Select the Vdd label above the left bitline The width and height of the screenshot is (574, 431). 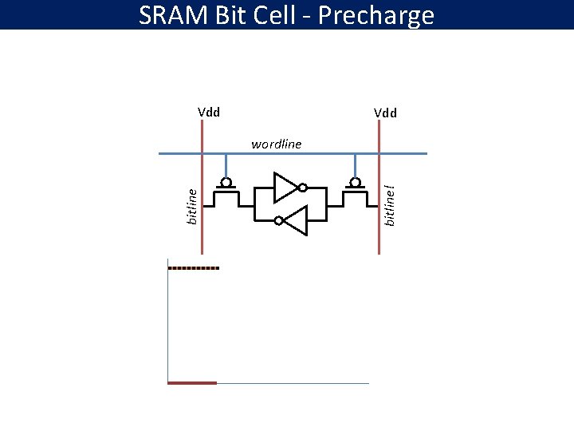209,113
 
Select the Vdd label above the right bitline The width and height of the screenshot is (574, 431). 385,113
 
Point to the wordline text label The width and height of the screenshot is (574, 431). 276,144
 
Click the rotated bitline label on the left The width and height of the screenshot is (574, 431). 191,206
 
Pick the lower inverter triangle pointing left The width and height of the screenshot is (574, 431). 295,220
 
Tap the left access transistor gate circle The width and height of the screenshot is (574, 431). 226,183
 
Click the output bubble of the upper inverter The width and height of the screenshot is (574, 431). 303,188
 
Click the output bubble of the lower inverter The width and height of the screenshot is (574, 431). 277,220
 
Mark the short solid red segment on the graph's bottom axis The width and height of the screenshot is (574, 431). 192,383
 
